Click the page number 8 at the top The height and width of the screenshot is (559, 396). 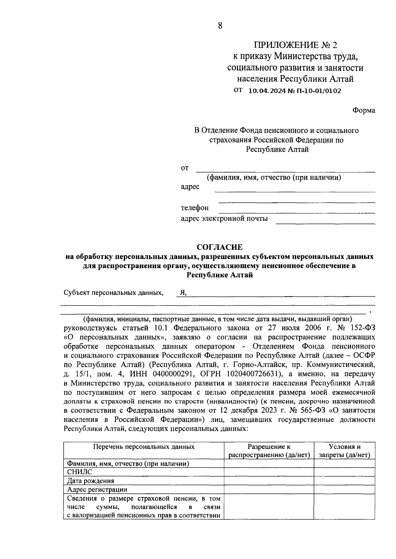[220, 26]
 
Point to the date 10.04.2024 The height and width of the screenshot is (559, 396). [269, 91]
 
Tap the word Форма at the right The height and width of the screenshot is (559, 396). [364, 110]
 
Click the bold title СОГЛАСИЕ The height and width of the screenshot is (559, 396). [220, 247]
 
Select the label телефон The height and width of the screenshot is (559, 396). [195, 208]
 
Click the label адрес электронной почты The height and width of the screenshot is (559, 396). [224, 219]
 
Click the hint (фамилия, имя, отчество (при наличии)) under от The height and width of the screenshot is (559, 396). [274, 178]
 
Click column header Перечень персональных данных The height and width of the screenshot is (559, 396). [144, 447]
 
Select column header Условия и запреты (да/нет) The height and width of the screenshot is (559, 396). [344, 451]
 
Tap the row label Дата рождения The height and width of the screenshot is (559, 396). [91, 481]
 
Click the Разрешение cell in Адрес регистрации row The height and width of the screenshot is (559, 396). [269, 489]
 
